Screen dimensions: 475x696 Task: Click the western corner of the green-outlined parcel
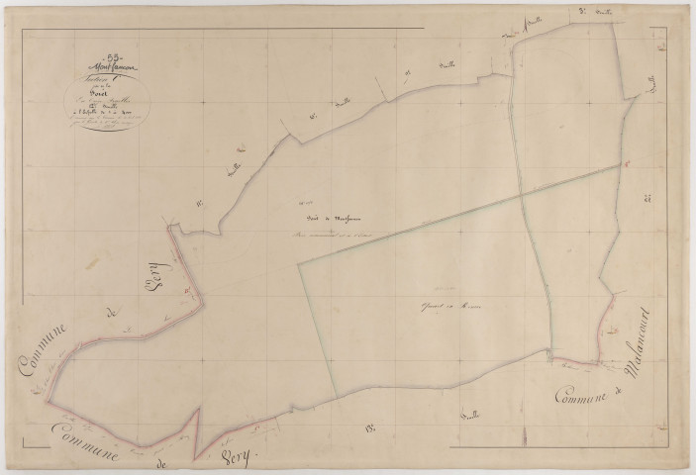click(300, 264)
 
